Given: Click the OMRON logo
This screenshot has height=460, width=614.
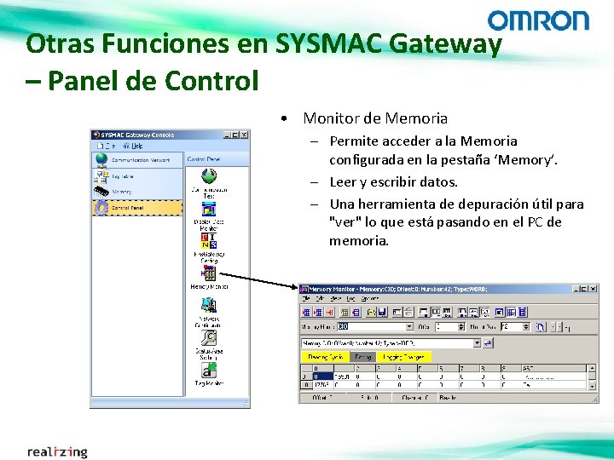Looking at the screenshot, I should point(538,20).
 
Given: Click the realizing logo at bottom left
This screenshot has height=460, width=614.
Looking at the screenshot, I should point(57,451).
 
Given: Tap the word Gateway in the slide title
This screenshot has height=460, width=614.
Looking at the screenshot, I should point(446,43).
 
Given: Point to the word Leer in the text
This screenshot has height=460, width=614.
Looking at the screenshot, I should point(343,181).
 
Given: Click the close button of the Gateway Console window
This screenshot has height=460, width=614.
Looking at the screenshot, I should point(244,135).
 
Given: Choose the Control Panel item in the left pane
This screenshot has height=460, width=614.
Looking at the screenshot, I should point(128,207).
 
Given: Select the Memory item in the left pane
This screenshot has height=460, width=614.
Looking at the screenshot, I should point(121,192).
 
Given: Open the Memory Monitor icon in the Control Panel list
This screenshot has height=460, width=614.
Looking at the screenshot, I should point(208,273).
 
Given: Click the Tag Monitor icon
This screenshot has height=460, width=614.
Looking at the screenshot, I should point(208,371).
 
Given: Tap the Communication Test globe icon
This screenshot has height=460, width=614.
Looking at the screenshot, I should point(208,175).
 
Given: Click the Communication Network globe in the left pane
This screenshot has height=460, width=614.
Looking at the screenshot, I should point(101,159).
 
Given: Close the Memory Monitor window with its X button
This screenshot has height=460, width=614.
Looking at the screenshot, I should point(593,289).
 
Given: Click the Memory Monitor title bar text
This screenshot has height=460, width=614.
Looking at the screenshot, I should point(397,290).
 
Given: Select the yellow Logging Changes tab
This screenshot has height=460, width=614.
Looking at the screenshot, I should point(404,357).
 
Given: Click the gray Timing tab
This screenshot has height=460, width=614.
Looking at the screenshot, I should point(362,357).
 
